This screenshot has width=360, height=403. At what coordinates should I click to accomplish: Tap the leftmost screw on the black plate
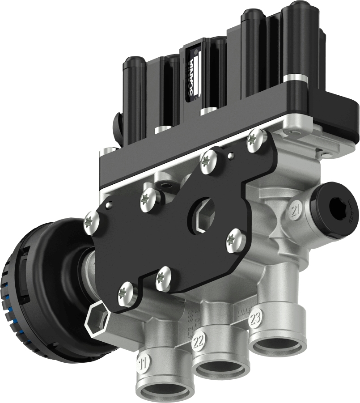[x=92, y=222]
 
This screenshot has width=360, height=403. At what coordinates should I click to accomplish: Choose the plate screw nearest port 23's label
[x=236, y=240]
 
